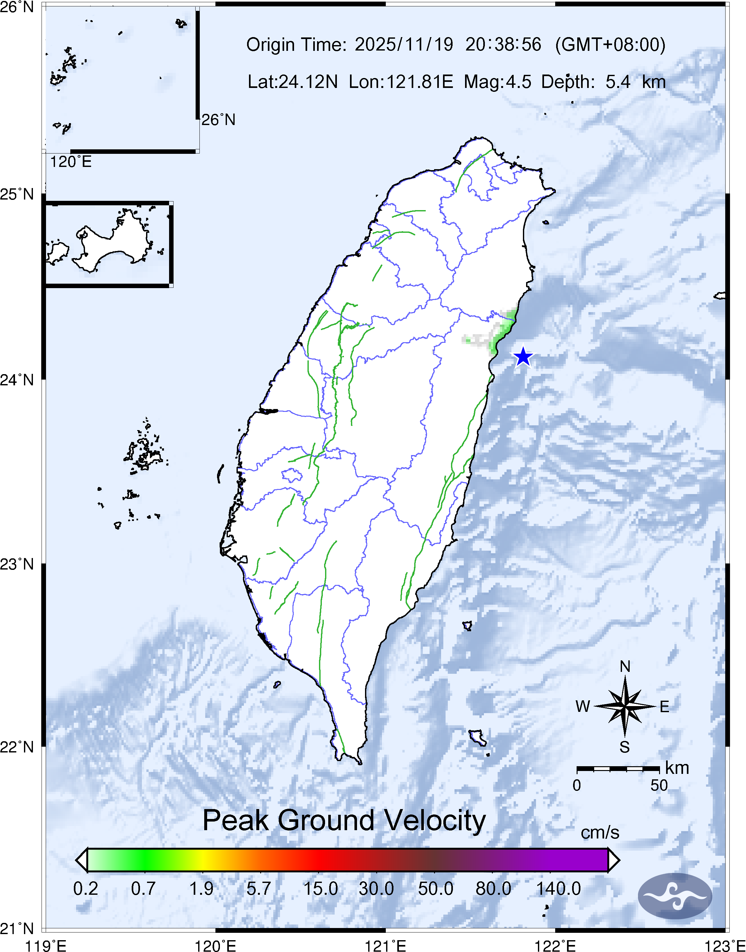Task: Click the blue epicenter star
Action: coord(523,357)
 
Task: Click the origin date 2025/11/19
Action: coord(404,44)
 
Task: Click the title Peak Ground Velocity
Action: coord(344,821)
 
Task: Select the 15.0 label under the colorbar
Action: coord(321,889)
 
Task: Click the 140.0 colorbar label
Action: coord(559,889)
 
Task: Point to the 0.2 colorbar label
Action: coord(86,889)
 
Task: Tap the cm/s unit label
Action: coord(600,832)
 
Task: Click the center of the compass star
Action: coord(625,706)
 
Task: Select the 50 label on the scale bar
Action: coord(659,785)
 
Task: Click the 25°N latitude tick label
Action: coord(17,194)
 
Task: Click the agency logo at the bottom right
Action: coord(675,896)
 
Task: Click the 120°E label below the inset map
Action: coord(71,162)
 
